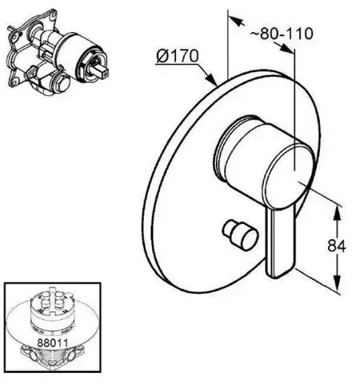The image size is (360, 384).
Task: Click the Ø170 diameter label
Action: coord(178,56)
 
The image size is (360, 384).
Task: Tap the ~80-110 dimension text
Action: coord(282,34)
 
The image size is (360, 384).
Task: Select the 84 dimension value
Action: coord(337,246)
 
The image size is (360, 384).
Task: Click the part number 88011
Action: coord(53,342)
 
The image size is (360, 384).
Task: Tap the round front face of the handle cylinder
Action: coord(287,178)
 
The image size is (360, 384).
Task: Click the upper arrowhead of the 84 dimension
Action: coord(337,213)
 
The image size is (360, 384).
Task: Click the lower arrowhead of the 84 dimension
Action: coord(338,283)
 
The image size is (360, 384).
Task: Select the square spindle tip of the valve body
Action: coord(102,72)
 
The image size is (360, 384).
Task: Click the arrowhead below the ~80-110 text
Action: coord(286,48)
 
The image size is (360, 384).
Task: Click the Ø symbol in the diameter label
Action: coord(162,57)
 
